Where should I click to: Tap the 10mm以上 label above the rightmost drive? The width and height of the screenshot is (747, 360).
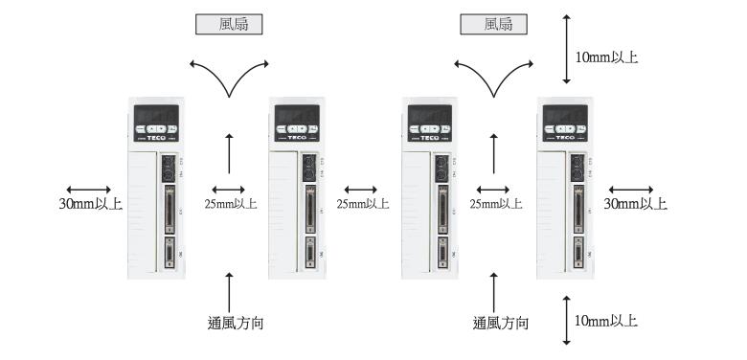click(604, 57)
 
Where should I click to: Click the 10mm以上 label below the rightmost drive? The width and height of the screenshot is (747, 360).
click(604, 319)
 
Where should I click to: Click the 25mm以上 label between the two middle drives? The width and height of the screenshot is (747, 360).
click(363, 203)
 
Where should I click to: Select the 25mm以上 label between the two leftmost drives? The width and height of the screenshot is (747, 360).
click(230, 203)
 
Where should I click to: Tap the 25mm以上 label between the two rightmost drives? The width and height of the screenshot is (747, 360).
click(496, 203)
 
